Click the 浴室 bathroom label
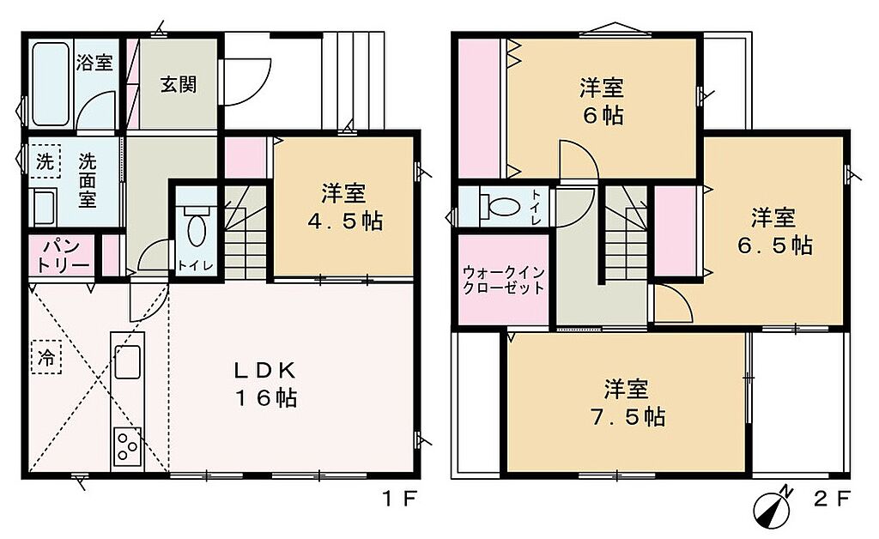click(94, 62)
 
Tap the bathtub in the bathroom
click(51, 84)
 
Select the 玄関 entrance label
click(179, 85)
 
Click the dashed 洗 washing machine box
click(45, 162)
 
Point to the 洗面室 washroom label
click(87, 180)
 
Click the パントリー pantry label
click(62, 256)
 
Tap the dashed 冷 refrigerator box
click(46, 357)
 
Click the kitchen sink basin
click(128, 361)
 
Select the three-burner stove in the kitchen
click(127, 446)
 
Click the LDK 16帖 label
click(265, 384)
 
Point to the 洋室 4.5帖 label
click(344, 208)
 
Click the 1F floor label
click(400, 498)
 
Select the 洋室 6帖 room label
click(602, 102)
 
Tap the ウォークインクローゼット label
click(503, 280)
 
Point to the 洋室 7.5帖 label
click(627, 403)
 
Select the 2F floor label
click(833, 498)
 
